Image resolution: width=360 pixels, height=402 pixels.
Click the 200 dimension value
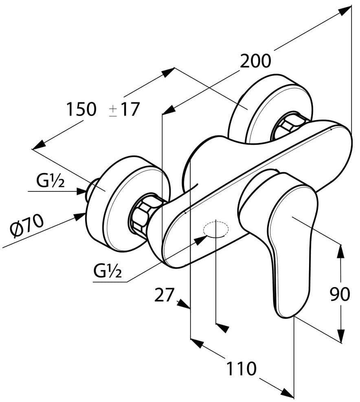255,62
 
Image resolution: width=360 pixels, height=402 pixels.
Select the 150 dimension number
81,109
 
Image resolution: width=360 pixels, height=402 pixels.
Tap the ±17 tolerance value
125,110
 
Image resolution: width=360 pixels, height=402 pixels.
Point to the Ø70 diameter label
27,227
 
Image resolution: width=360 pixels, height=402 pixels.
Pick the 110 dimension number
242,369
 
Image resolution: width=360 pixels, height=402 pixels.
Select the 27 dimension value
164,295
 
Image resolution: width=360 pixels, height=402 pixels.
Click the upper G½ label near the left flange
50,182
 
